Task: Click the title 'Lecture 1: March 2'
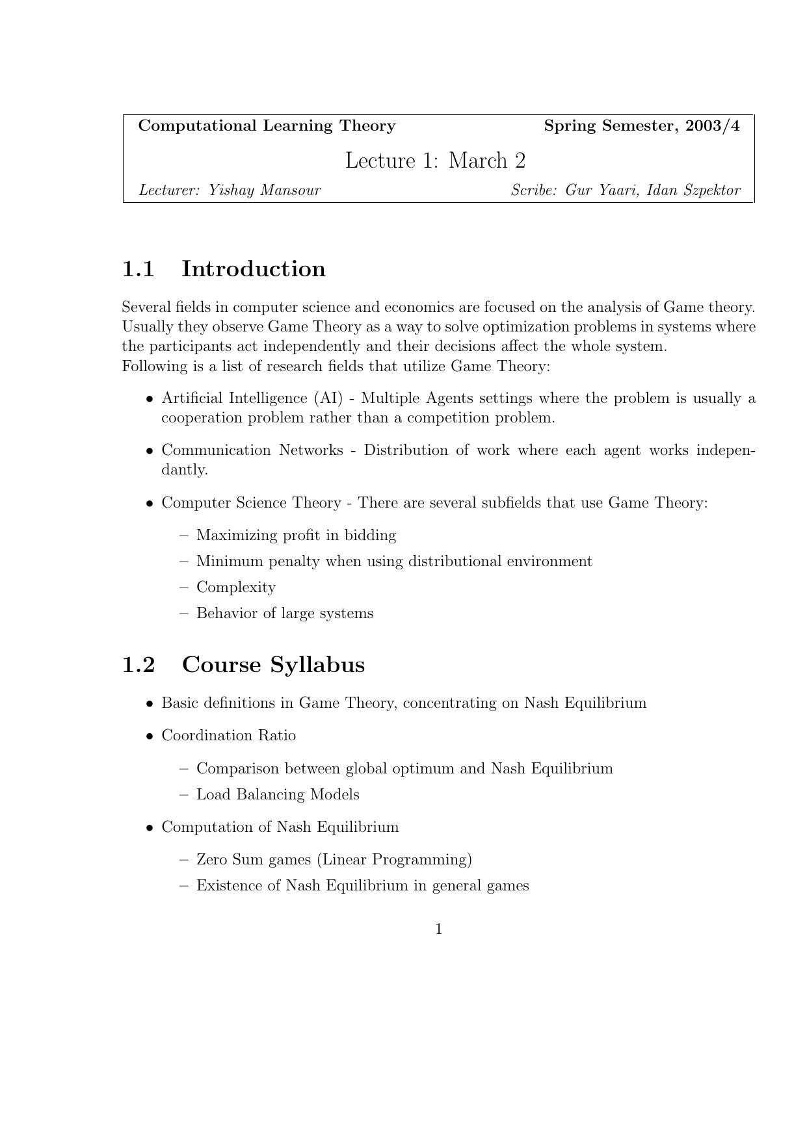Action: [x=435, y=161]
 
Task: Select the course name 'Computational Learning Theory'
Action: [x=267, y=126]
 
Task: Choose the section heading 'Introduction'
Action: [x=253, y=269]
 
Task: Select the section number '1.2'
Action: [x=139, y=665]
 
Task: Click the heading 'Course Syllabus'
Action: [x=273, y=665]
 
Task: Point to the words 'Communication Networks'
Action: [x=252, y=450]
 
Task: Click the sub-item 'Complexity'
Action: [x=236, y=588]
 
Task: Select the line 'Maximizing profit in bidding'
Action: [x=296, y=536]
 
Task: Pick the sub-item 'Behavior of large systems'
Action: [x=285, y=614]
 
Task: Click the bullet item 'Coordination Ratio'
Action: [x=228, y=736]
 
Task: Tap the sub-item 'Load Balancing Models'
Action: [x=278, y=795]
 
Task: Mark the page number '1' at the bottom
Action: [x=439, y=929]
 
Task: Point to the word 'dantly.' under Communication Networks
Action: [x=185, y=470]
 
